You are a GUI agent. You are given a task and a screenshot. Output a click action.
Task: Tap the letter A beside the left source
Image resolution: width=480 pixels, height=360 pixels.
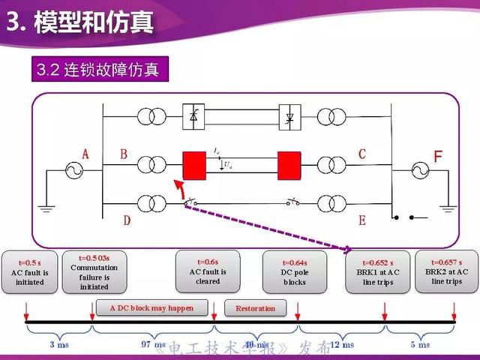[x=85, y=154]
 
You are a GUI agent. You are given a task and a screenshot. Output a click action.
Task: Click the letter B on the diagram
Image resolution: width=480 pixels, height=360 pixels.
[x=124, y=154]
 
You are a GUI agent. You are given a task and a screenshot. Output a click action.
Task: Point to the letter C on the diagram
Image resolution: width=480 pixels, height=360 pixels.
[x=361, y=154]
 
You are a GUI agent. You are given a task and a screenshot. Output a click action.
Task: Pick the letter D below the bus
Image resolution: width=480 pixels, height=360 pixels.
[x=127, y=220]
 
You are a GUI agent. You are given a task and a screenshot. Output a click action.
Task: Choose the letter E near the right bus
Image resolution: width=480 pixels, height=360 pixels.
[x=361, y=220]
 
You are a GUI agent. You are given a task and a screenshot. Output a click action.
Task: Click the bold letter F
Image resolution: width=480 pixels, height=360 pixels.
[x=439, y=157]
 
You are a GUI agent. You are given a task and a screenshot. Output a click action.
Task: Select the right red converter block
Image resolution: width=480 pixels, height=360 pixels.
[x=289, y=163]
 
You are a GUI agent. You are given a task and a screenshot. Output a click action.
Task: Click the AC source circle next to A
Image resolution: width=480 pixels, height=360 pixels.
[x=73, y=171]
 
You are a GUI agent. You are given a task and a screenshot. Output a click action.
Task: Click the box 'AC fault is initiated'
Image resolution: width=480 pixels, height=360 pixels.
[x=29, y=271]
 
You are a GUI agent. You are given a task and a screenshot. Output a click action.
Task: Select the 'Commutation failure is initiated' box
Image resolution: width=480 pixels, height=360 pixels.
[x=94, y=271]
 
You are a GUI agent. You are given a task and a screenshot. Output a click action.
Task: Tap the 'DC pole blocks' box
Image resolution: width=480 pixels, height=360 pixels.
[x=295, y=271]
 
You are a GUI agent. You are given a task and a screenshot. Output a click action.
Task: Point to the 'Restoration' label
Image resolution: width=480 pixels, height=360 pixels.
[x=255, y=308]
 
